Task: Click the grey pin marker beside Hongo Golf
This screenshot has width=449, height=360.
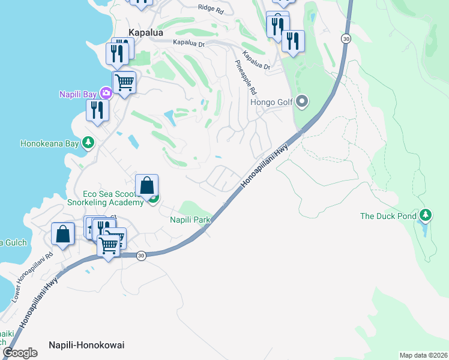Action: point(302,101)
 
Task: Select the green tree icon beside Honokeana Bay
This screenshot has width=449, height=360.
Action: point(88,142)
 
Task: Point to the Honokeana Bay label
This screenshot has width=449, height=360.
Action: point(50,144)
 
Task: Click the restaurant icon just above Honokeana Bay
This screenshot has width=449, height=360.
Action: point(97,110)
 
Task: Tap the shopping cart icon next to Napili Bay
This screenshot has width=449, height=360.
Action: point(124,82)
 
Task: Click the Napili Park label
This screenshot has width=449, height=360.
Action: point(190,220)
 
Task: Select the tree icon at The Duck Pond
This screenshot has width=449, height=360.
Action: point(426,214)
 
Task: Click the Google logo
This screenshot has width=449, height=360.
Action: point(20,353)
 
